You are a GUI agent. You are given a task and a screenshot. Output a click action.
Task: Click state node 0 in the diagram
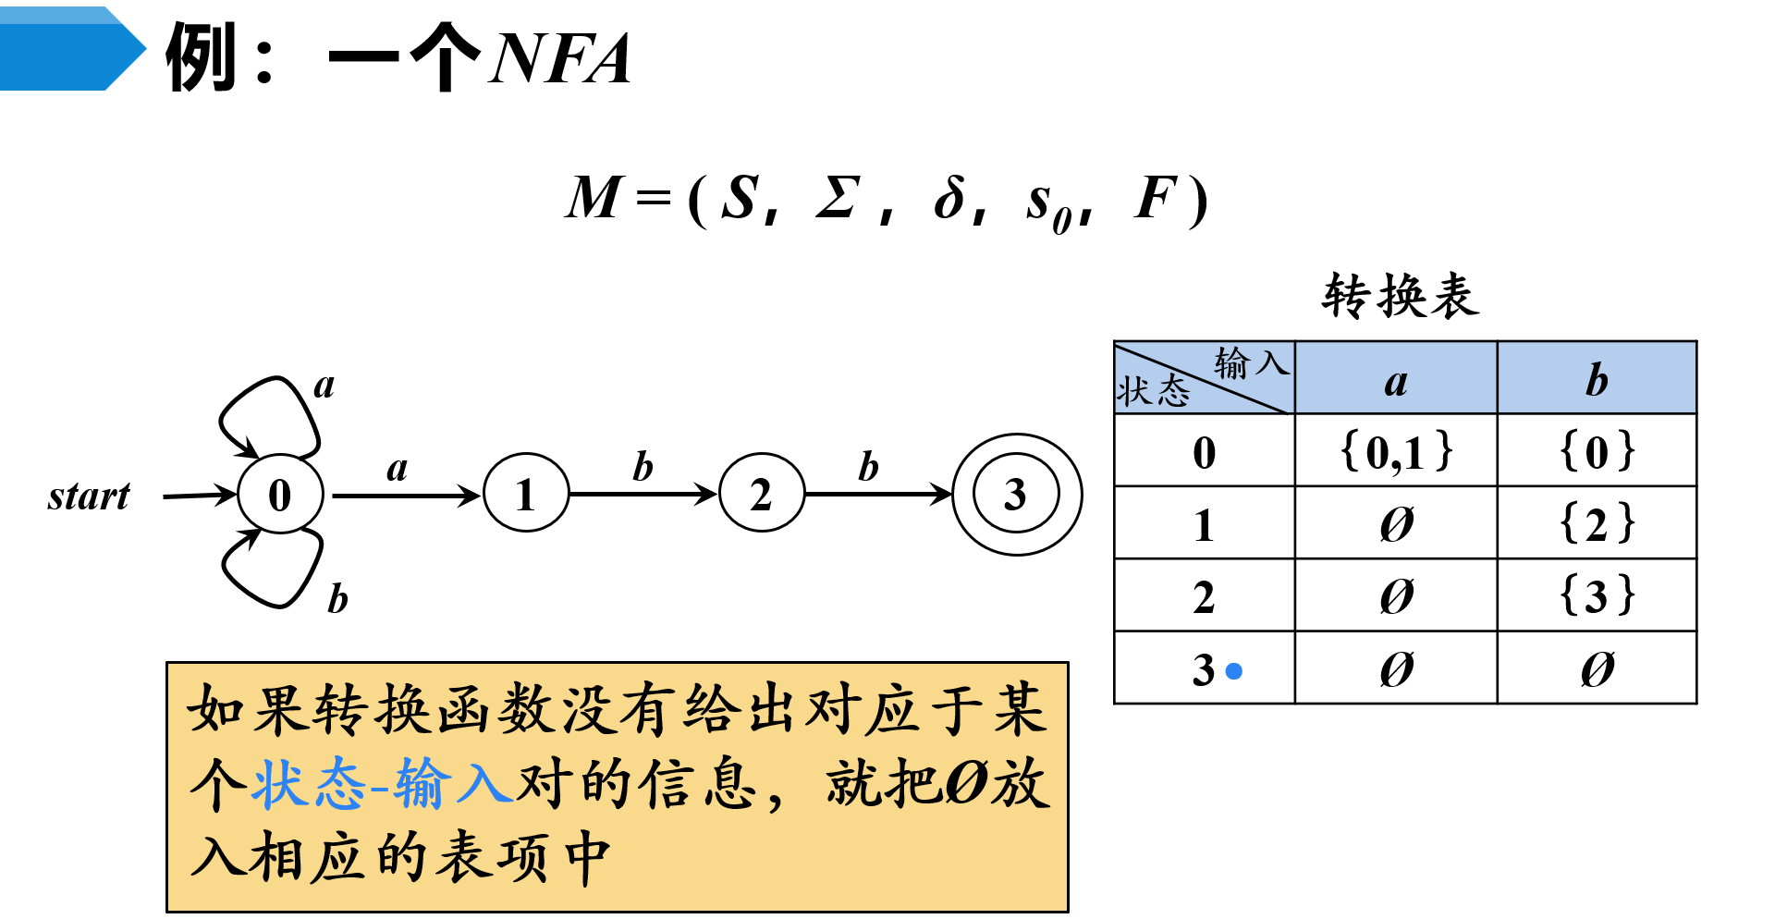pyautogui.click(x=280, y=495)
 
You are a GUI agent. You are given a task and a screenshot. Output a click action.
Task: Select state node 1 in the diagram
pyautogui.click(x=525, y=495)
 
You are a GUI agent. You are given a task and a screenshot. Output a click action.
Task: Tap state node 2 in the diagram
pyautogui.click(x=761, y=495)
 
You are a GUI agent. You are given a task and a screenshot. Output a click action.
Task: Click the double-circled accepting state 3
pyautogui.click(x=1016, y=495)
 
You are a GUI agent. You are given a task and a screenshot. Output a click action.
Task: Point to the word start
pyautogui.click(x=89, y=496)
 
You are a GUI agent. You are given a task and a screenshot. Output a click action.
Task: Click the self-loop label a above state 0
pyautogui.click(x=324, y=385)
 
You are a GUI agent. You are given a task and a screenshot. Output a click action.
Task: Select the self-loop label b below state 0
pyautogui.click(x=337, y=599)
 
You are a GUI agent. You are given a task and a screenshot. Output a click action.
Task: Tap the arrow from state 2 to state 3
pyautogui.click(x=878, y=495)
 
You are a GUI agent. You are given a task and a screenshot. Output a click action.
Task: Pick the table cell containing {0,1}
pyautogui.click(x=1396, y=451)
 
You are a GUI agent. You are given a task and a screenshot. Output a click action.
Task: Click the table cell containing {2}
pyautogui.click(x=1597, y=523)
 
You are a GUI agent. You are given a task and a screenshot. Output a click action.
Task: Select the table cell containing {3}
pyautogui.click(x=1597, y=595)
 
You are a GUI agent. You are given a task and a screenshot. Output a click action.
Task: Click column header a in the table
pyautogui.click(x=1396, y=379)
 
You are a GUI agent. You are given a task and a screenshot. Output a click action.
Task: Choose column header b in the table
pyautogui.click(x=1597, y=379)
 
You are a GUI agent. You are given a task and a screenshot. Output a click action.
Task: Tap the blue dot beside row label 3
pyautogui.click(x=1233, y=671)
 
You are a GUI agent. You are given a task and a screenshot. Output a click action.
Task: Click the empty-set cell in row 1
pyautogui.click(x=1396, y=523)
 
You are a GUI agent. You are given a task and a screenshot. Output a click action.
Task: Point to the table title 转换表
pyautogui.click(x=1401, y=297)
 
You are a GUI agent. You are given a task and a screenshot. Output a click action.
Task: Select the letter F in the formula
pyautogui.click(x=1156, y=198)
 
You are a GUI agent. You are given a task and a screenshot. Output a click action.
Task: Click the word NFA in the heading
pyautogui.click(x=561, y=59)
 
